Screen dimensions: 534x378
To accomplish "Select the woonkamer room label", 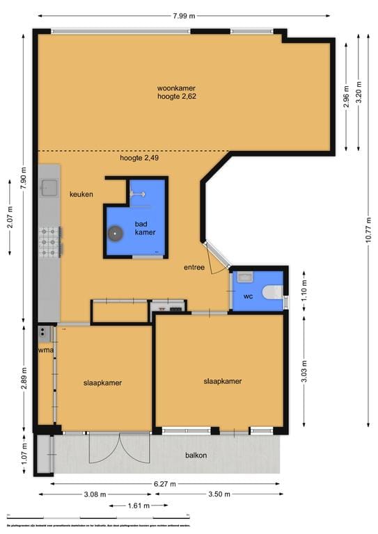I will (176, 88).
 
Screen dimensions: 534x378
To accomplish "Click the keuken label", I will (81, 195).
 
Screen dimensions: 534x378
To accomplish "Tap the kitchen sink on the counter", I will (49, 187).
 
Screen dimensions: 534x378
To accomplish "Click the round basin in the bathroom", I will (115, 234).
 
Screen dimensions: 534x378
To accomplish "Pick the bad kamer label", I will (145, 228).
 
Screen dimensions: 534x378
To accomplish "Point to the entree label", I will (194, 267).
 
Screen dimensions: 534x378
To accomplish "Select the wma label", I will (45, 350).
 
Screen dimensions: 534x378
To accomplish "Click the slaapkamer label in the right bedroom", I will (223, 381).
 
